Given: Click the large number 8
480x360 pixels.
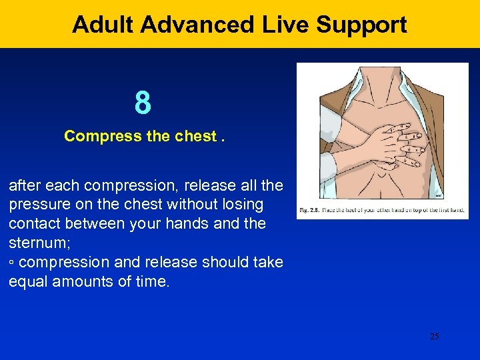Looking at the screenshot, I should click(x=143, y=103).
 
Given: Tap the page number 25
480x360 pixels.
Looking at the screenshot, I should click(x=434, y=337).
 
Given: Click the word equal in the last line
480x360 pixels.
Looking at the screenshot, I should click(x=26, y=281).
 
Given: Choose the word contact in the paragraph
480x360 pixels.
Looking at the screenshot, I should click(x=32, y=223).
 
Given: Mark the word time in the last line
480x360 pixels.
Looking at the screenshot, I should click(x=151, y=281).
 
